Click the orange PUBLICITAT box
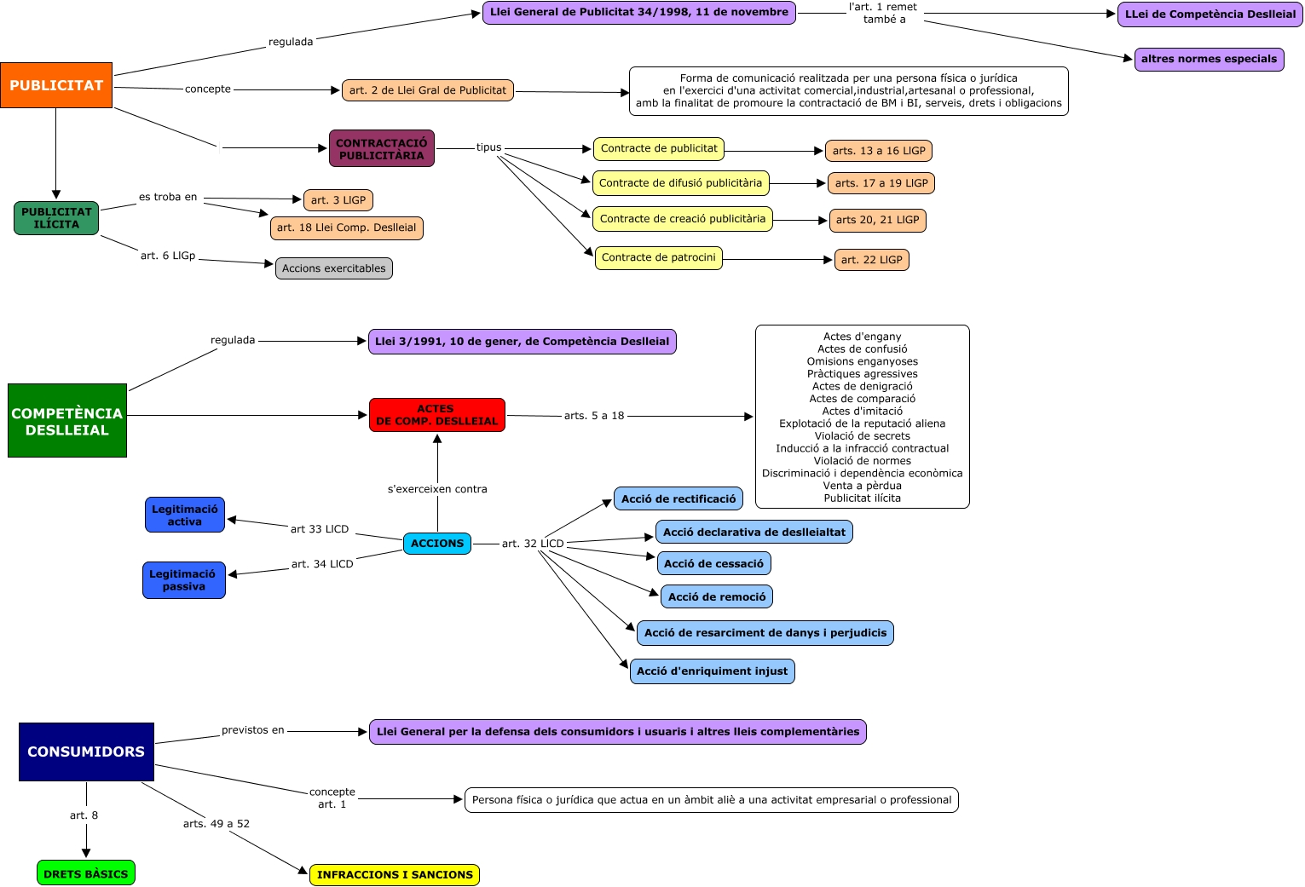click(x=56, y=85)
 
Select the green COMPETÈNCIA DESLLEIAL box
click(x=67, y=421)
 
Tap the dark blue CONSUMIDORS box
click(x=86, y=752)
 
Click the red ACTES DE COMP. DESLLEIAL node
click(x=436, y=415)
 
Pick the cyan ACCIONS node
click(x=436, y=543)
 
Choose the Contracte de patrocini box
click(x=658, y=257)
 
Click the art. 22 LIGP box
click(x=871, y=260)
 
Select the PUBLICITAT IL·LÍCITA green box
click(x=56, y=218)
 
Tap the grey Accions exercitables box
click(x=333, y=268)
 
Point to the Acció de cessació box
click(x=713, y=563)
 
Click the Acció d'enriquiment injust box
click(x=712, y=671)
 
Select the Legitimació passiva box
click(x=183, y=580)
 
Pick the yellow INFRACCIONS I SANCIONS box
click(x=395, y=875)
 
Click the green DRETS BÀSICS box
click(x=86, y=873)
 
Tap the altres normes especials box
click(x=1209, y=60)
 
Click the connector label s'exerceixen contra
click(x=437, y=489)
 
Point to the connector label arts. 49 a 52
click(x=217, y=824)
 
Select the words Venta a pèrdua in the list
click(x=862, y=486)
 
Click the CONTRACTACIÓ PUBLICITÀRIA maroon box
click(x=382, y=149)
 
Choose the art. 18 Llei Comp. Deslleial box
click(x=346, y=228)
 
